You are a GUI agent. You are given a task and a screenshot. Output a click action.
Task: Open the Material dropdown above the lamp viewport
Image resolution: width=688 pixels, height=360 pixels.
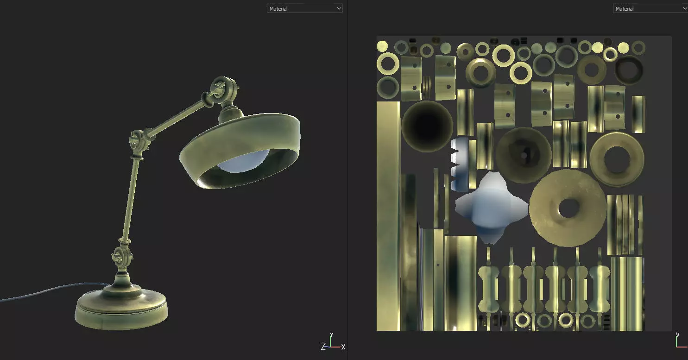[x=304, y=8]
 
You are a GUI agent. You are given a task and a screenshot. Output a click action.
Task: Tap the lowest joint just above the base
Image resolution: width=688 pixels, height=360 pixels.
[x=121, y=257]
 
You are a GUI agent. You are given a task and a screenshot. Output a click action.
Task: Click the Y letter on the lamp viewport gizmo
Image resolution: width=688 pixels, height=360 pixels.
[x=331, y=335]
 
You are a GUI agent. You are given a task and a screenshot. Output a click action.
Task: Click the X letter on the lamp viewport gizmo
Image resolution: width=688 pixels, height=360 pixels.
[x=343, y=347]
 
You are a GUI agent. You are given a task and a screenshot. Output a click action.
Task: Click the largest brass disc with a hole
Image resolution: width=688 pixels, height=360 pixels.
[x=568, y=208]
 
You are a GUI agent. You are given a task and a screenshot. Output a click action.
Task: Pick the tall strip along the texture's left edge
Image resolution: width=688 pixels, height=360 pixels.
[x=388, y=215]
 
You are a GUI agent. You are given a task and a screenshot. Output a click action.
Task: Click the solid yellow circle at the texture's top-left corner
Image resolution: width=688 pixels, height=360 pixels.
[x=382, y=46]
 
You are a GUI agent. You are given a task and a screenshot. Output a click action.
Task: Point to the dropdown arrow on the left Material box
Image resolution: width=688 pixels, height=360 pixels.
[x=338, y=8]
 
